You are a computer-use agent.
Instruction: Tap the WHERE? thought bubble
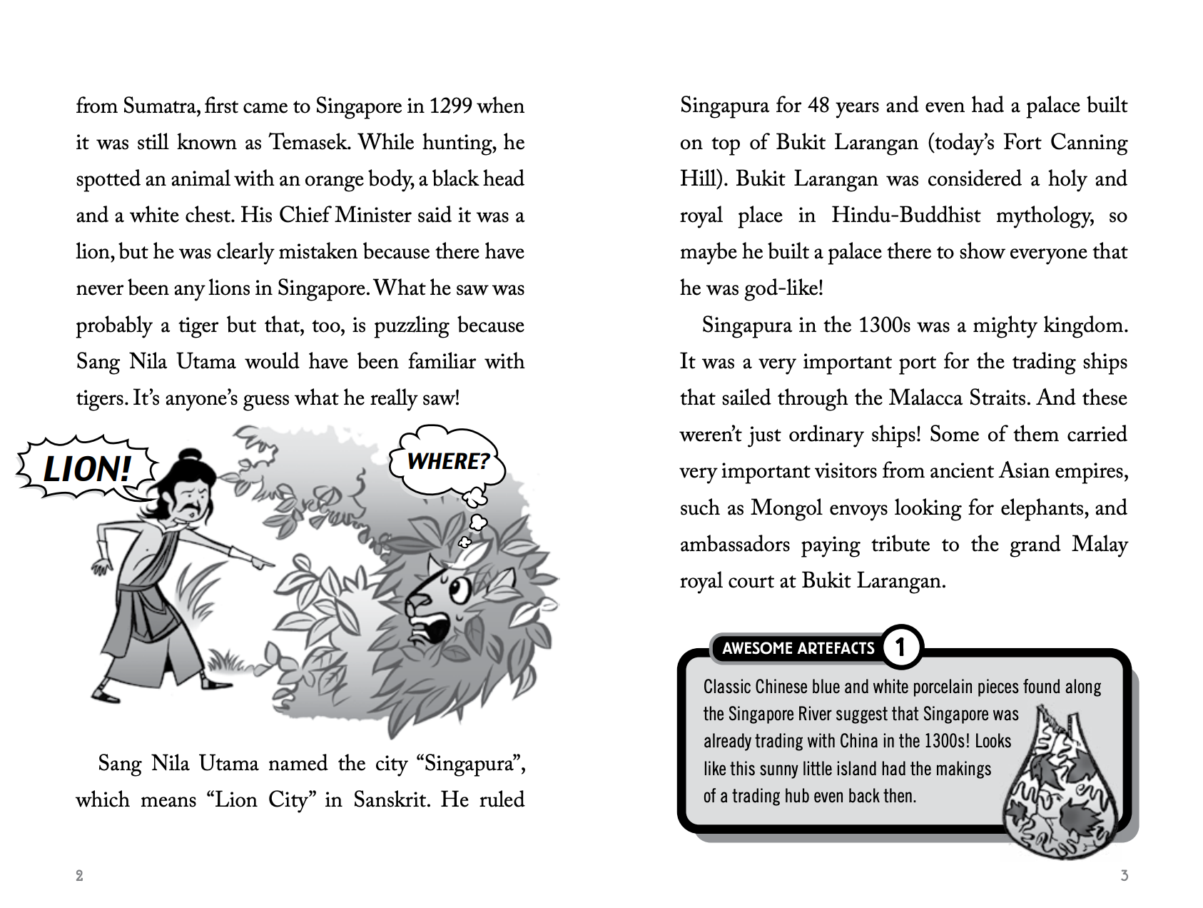(448, 461)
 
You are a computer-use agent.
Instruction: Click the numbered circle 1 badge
(900, 647)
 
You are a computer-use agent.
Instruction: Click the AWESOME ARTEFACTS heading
(798, 648)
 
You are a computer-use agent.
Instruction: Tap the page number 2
(79, 876)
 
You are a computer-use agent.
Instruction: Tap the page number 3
(1125, 876)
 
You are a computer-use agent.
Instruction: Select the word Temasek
(309, 143)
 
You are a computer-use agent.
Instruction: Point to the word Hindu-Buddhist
(905, 216)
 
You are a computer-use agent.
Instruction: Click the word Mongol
(783, 508)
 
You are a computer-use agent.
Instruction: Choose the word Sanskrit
(391, 799)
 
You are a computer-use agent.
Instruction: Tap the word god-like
(783, 288)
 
